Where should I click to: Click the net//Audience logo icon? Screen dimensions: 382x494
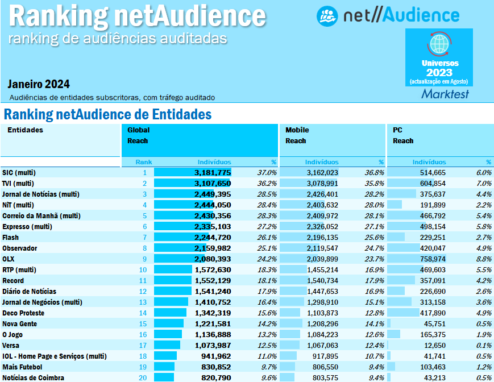[x=327, y=15]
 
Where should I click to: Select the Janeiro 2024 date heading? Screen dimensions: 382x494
[x=39, y=85]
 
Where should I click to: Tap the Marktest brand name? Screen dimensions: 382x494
[x=445, y=94]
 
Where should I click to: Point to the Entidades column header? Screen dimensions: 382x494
[x=25, y=130]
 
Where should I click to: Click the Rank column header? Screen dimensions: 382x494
[x=144, y=162]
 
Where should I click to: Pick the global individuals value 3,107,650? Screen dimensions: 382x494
[x=213, y=183]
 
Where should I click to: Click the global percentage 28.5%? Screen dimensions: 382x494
[x=267, y=194]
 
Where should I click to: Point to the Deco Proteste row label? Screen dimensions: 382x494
[x=23, y=313]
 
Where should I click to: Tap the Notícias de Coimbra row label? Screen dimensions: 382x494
[x=33, y=377]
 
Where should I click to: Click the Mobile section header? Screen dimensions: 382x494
[x=297, y=130]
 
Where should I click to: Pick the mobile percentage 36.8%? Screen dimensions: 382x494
[x=375, y=172]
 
